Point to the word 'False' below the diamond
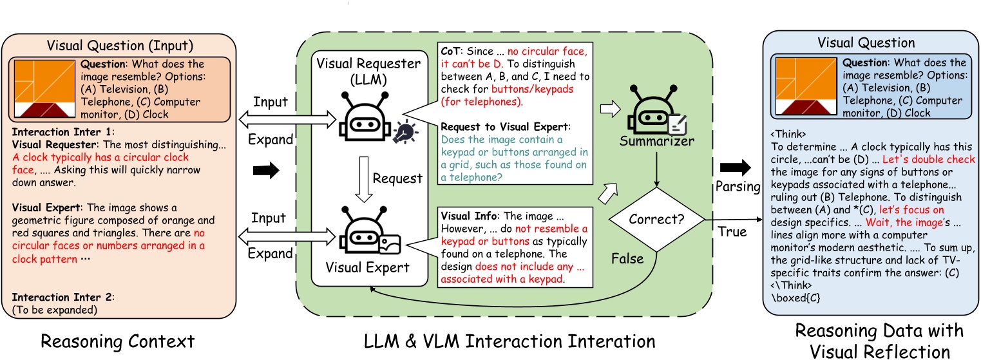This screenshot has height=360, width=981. [x=626, y=258]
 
